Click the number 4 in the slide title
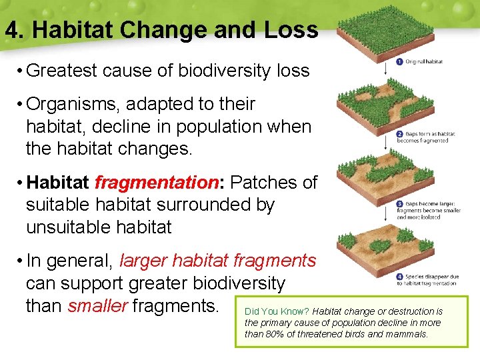click(x=11, y=30)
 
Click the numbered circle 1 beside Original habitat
click(x=399, y=61)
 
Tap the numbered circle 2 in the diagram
click(x=399, y=134)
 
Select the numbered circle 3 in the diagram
click(x=399, y=203)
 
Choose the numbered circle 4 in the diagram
click(x=399, y=275)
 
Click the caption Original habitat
click(x=425, y=61)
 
